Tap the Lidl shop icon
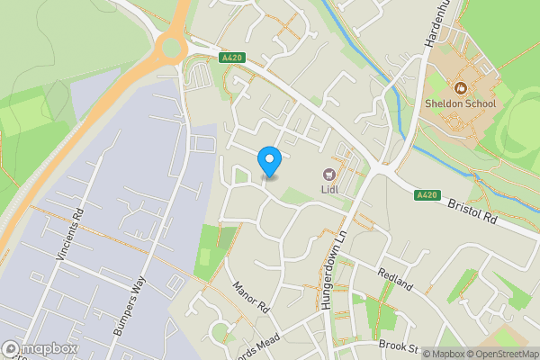(328, 174)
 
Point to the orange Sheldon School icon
(460, 88)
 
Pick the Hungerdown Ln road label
(332, 269)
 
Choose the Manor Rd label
(251, 295)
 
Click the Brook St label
(400, 347)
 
